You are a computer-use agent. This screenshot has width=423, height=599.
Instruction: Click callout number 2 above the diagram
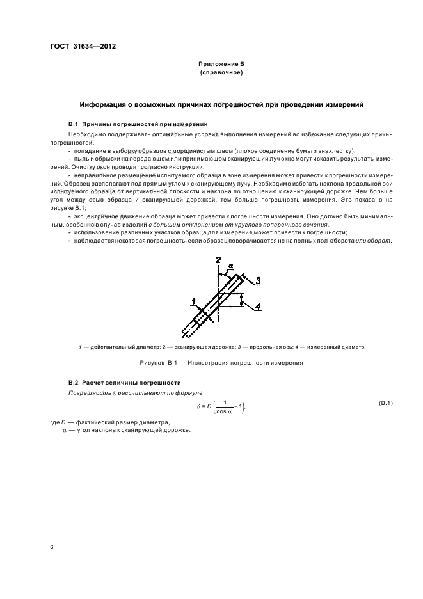pyautogui.click(x=218, y=260)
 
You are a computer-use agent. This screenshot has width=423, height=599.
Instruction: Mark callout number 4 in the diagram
pyautogui.click(x=257, y=307)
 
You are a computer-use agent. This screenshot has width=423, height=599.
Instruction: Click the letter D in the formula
pyautogui.click(x=208, y=404)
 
